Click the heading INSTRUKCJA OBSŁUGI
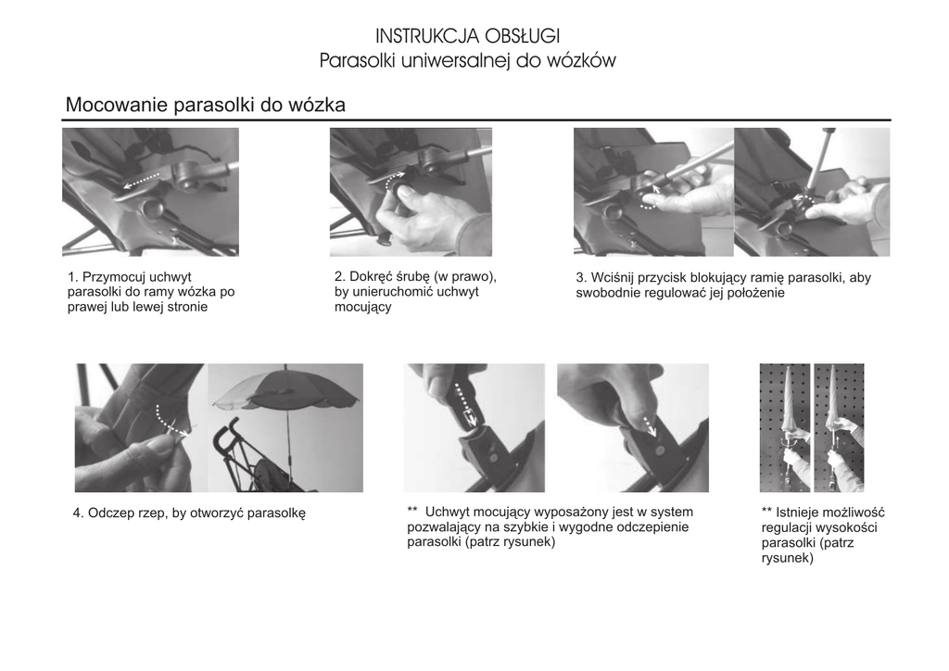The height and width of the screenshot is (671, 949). click(467, 36)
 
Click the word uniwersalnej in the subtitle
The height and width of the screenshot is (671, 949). click(456, 60)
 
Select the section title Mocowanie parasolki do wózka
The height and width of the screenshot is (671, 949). click(205, 105)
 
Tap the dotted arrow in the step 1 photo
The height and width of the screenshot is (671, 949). click(142, 181)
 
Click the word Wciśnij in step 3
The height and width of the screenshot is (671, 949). click(612, 278)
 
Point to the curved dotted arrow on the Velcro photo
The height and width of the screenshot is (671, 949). click(169, 421)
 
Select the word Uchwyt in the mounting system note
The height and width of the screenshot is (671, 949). click(447, 512)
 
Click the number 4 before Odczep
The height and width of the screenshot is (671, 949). click(77, 513)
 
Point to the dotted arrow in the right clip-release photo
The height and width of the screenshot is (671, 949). click(648, 424)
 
